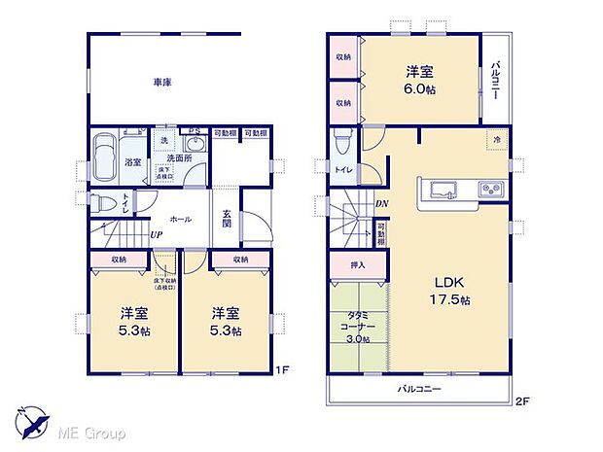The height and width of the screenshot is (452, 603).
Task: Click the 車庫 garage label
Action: pos(161,83)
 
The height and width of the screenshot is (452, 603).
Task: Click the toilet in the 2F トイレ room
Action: pos(341,145)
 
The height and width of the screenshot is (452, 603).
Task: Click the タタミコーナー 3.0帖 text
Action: pos(357,327)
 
